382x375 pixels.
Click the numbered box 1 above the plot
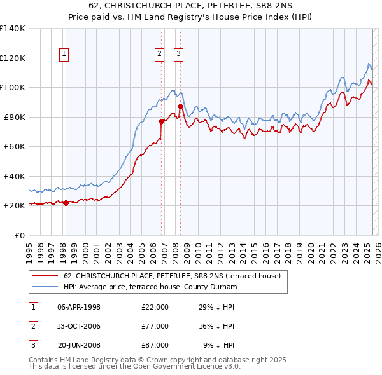point(65,54)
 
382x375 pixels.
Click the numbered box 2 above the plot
point(159,54)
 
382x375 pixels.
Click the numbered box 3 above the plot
point(178,54)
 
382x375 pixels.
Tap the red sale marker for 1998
point(66,203)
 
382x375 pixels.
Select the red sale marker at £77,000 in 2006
point(161,121)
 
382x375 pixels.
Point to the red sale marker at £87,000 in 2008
point(180,106)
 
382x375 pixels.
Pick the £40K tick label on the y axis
point(14,176)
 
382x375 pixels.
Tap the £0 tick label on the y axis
point(19,235)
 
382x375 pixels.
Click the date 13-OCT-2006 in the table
point(79,326)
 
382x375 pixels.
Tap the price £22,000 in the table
point(155,307)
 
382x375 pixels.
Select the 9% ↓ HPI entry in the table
point(218,345)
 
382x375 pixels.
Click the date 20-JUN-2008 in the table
point(79,345)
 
